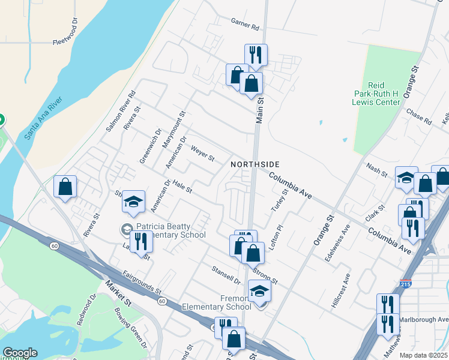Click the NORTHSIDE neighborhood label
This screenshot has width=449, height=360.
(255, 164)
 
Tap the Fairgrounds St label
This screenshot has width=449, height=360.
(143, 283)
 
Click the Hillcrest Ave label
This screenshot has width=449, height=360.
(340, 292)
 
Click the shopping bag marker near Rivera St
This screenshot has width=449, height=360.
(65, 187)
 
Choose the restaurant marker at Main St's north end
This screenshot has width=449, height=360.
(256, 55)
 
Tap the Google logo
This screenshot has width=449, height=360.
(20, 353)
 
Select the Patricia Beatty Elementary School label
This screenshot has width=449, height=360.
(170, 231)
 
